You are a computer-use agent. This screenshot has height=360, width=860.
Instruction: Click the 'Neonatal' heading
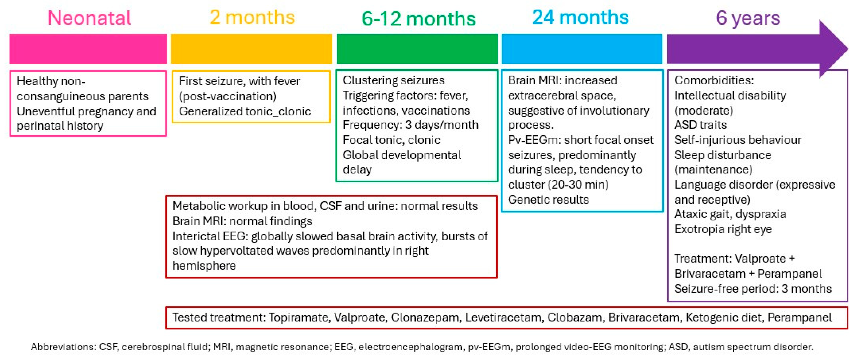tap(89, 18)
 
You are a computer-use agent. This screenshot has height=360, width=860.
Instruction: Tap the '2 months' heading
tap(252, 17)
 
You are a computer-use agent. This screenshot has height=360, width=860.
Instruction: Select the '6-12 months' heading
tap(419, 18)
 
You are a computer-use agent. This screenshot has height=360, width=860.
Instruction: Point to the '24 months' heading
tap(580, 17)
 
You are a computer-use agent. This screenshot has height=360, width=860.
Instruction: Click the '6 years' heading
tap(748, 18)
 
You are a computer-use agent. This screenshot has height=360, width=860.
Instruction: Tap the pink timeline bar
tap(88, 49)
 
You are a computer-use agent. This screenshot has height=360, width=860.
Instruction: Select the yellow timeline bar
tap(251, 49)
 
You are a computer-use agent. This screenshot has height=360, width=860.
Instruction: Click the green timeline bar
tap(417, 49)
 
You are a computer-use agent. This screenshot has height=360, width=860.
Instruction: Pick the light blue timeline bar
tap(582, 49)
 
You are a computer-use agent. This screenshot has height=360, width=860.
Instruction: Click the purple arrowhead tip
tap(848, 49)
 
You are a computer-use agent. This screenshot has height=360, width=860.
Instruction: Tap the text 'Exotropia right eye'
tap(723, 229)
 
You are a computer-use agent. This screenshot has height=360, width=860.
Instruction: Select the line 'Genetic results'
tap(548, 200)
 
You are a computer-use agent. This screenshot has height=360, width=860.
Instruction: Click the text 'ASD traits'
tap(700, 125)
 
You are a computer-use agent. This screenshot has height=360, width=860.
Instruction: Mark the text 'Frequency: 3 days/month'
tap(411, 125)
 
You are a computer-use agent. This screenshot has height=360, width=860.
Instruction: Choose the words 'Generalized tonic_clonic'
tap(245, 111)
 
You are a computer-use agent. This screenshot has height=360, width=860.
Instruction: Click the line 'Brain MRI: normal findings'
tap(242, 221)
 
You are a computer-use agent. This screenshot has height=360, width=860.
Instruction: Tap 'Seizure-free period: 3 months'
tap(753, 289)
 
